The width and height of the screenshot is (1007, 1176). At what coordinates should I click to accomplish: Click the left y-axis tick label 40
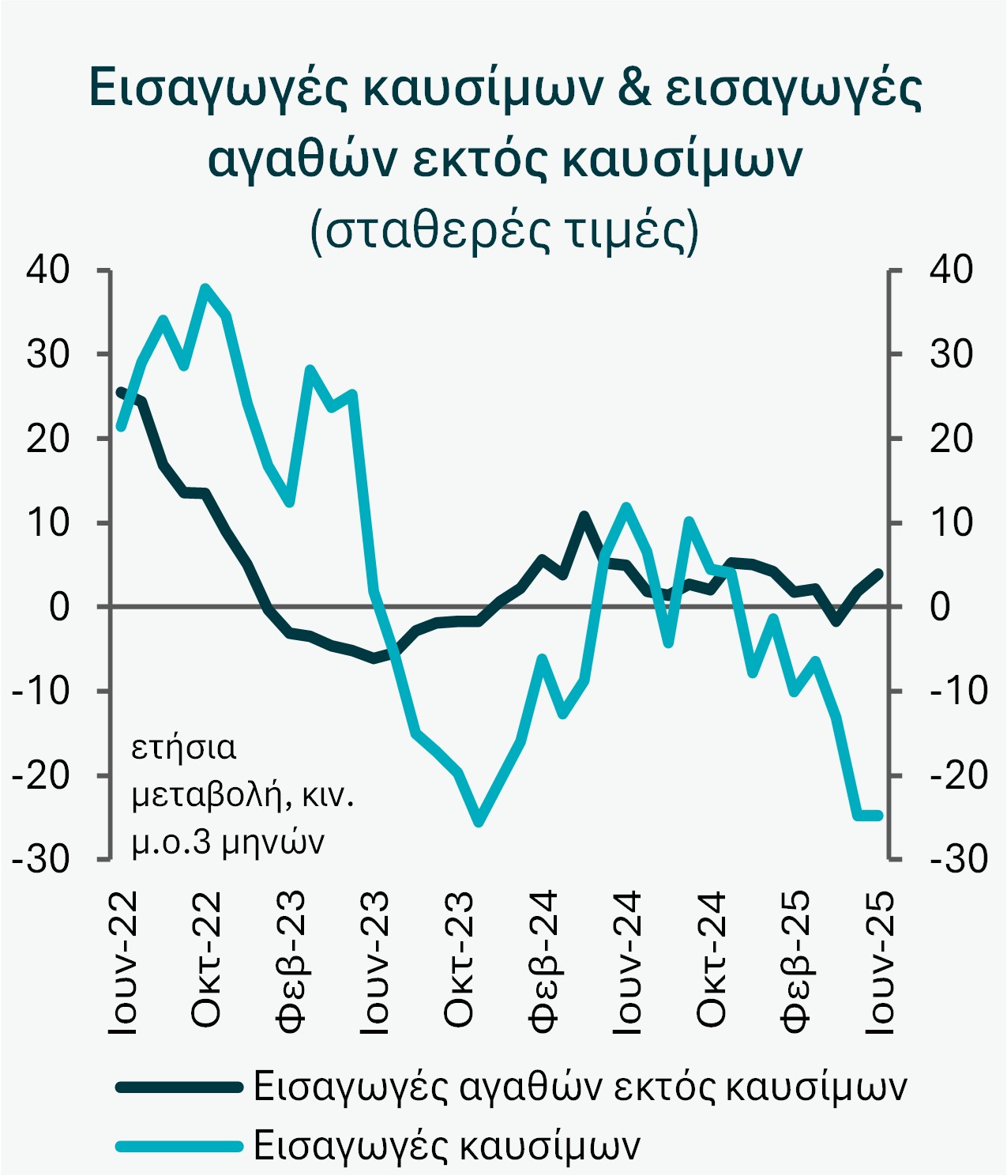click(x=48, y=270)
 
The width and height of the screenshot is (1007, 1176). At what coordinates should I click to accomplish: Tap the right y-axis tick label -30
click(x=958, y=859)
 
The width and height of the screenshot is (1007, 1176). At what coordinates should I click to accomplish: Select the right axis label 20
click(x=951, y=439)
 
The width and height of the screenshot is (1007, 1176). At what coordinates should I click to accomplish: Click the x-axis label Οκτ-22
click(x=207, y=959)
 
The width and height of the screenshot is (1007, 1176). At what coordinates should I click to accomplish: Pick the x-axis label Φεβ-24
click(x=543, y=959)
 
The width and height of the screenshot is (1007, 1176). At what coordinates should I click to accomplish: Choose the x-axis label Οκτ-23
click(x=459, y=959)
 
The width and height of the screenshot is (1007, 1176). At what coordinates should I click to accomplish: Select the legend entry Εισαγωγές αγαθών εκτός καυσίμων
click(x=580, y=1087)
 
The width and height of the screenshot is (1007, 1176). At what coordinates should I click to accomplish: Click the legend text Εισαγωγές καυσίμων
click(x=446, y=1145)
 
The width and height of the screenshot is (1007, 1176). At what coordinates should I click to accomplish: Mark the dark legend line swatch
click(x=178, y=1087)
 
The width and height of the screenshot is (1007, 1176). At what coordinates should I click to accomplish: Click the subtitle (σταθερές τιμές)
click(x=505, y=231)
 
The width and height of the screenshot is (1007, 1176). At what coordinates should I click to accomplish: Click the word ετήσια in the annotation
click(x=184, y=747)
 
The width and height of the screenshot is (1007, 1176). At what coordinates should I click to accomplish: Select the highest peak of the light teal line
click(x=205, y=288)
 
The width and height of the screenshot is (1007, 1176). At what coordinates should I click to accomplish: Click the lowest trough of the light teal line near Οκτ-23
click(x=479, y=823)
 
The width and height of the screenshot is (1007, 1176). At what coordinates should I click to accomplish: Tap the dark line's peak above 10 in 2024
click(x=584, y=516)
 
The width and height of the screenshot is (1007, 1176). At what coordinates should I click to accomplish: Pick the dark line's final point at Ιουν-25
click(x=878, y=573)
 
